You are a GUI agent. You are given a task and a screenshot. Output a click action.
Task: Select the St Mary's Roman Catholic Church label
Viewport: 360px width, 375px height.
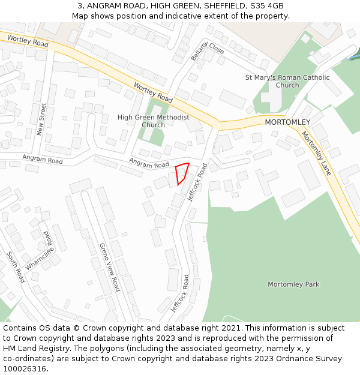click(x=287, y=81)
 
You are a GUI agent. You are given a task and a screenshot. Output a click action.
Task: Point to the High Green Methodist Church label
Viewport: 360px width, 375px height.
click(x=153, y=121)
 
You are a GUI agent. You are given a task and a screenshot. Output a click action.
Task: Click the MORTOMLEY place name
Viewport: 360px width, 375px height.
click(x=287, y=122)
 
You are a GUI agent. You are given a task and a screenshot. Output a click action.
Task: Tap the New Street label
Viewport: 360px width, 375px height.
click(x=41, y=119)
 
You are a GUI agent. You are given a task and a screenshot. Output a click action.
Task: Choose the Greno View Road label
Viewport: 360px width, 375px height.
click(x=110, y=267)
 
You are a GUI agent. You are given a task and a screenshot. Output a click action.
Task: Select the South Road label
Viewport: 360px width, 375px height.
click(x=16, y=267)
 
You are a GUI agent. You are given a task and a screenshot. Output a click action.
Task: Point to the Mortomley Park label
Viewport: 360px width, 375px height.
click(x=293, y=284)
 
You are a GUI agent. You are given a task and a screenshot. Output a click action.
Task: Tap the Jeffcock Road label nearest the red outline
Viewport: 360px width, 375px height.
click(x=197, y=182)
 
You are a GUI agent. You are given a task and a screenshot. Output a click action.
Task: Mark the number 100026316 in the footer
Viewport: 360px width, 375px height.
click(x=25, y=369)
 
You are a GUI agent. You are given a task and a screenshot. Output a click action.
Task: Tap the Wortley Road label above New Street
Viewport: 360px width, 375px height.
click(x=28, y=41)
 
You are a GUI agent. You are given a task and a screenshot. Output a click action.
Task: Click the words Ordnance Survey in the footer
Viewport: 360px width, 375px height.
click(x=313, y=359)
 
